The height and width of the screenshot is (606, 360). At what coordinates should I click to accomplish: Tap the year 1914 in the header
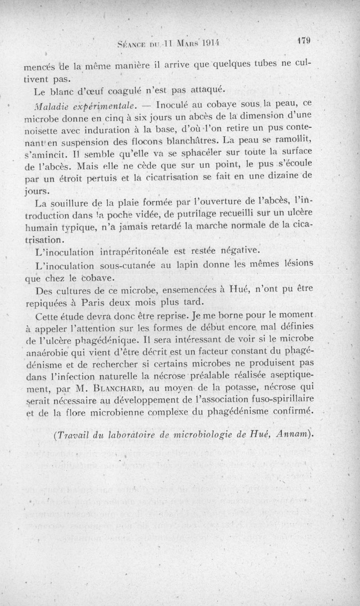[210, 44]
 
